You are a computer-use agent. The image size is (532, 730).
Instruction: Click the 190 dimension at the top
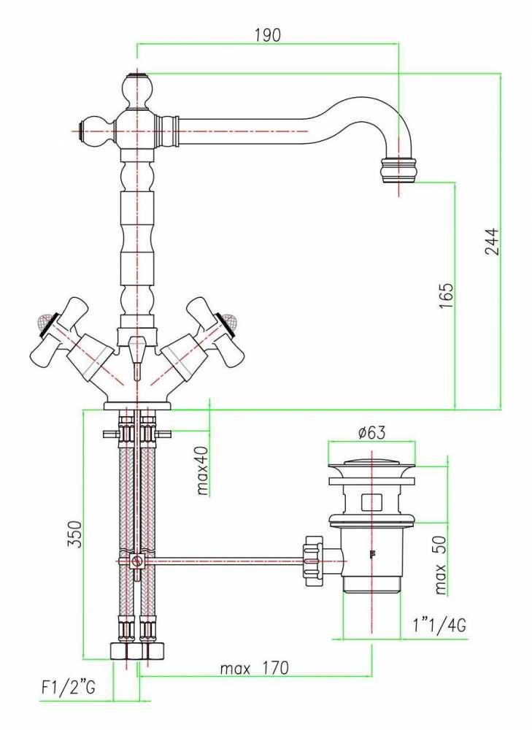(268, 35)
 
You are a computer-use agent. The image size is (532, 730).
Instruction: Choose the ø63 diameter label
(372, 433)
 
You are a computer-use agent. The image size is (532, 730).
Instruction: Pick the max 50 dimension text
(440, 565)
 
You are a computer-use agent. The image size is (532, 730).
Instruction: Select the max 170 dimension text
(254, 669)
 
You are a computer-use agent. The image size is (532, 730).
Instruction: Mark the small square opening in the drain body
(371, 502)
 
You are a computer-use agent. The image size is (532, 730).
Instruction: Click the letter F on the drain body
(372, 554)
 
